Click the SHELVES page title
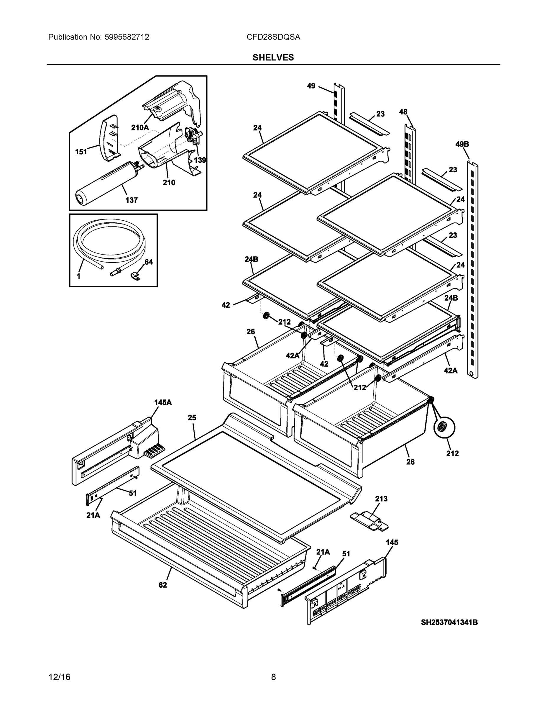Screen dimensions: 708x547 [x=273, y=58]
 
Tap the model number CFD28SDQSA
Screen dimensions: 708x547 [x=273, y=37]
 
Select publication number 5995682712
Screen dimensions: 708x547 [x=127, y=37]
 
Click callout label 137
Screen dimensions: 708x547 [x=132, y=200]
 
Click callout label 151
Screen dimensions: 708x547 [x=81, y=152]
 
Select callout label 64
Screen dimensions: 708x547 [x=148, y=262]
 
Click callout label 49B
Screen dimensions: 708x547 [x=462, y=144]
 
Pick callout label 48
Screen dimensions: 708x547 [x=403, y=112]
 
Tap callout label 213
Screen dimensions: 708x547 [x=381, y=499]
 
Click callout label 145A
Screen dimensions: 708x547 [x=163, y=403]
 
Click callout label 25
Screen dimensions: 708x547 [x=192, y=418]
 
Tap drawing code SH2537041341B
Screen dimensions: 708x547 [x=449, y=622]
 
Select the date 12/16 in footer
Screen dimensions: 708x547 [x=59, y=677]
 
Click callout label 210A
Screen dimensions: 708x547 [x=140, y=128]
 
